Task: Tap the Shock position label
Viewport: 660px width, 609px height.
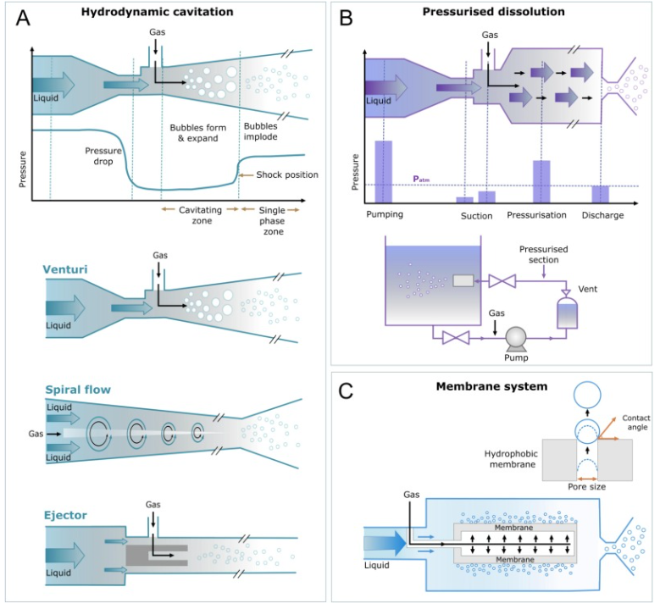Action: coord(287,175)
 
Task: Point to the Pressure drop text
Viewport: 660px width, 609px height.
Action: coord(103,157)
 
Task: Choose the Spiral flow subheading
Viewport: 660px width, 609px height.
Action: coord(78,390)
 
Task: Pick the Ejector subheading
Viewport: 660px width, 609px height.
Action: coord(65,515)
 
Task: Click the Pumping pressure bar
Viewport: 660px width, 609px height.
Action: coord(384,171)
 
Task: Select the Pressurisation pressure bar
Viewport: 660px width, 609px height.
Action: coord(541,181)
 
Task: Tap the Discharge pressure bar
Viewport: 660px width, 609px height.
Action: coord(601,194)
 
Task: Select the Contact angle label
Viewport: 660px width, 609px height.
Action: coord(636,423)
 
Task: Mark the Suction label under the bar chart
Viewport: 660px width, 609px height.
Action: coord(476,215)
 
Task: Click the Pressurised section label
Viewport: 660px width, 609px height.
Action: coord(543,254)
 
